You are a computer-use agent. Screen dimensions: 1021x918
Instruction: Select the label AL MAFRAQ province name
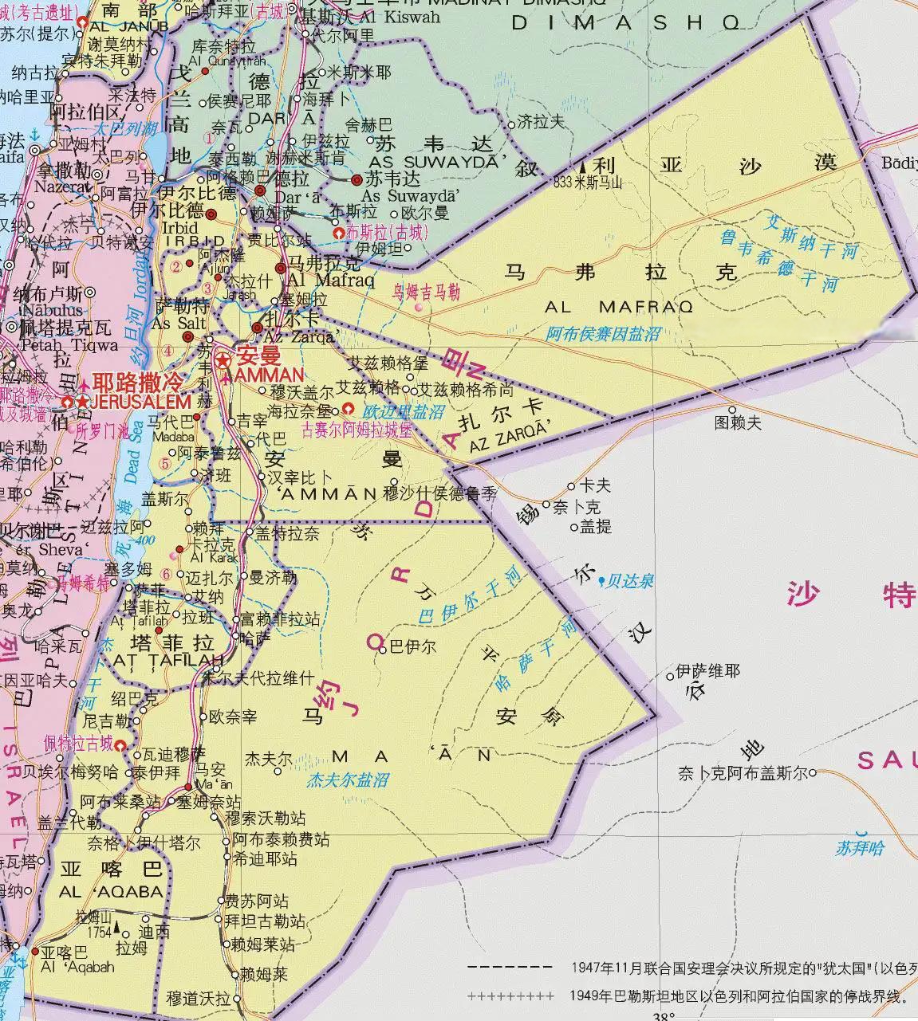pyautogui.click(x=619, y=307)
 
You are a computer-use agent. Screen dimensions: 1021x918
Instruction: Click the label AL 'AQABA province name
pyautogui.click(x=112, y=892)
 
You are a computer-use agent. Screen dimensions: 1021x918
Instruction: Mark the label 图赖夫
pyautogui.click(x=738, y=422)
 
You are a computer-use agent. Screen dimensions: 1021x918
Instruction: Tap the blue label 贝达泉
pyautogui.click(x=630, y=582)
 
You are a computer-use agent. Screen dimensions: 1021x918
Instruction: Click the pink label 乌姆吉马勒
pyautogui.click(x=426, y=292)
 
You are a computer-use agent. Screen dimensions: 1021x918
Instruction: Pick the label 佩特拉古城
pyautogui.click(x=78, y=744)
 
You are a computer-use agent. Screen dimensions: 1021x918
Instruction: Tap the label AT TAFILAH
pyautogui.click(x=167, y=660)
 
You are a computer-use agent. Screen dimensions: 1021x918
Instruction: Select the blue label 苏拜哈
pyautogui.click(x=860, y=848)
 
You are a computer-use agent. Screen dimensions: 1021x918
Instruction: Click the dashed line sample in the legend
pyautogui.click(x=510, y=968)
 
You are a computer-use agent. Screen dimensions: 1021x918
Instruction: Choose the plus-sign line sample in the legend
pyautogui.click(x=510, y=995)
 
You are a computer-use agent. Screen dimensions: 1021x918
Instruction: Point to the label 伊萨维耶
pyautogui.click(x=707, y=672)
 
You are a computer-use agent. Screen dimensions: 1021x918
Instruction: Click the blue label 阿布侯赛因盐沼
pyautogui.click(x=604, y=335)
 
